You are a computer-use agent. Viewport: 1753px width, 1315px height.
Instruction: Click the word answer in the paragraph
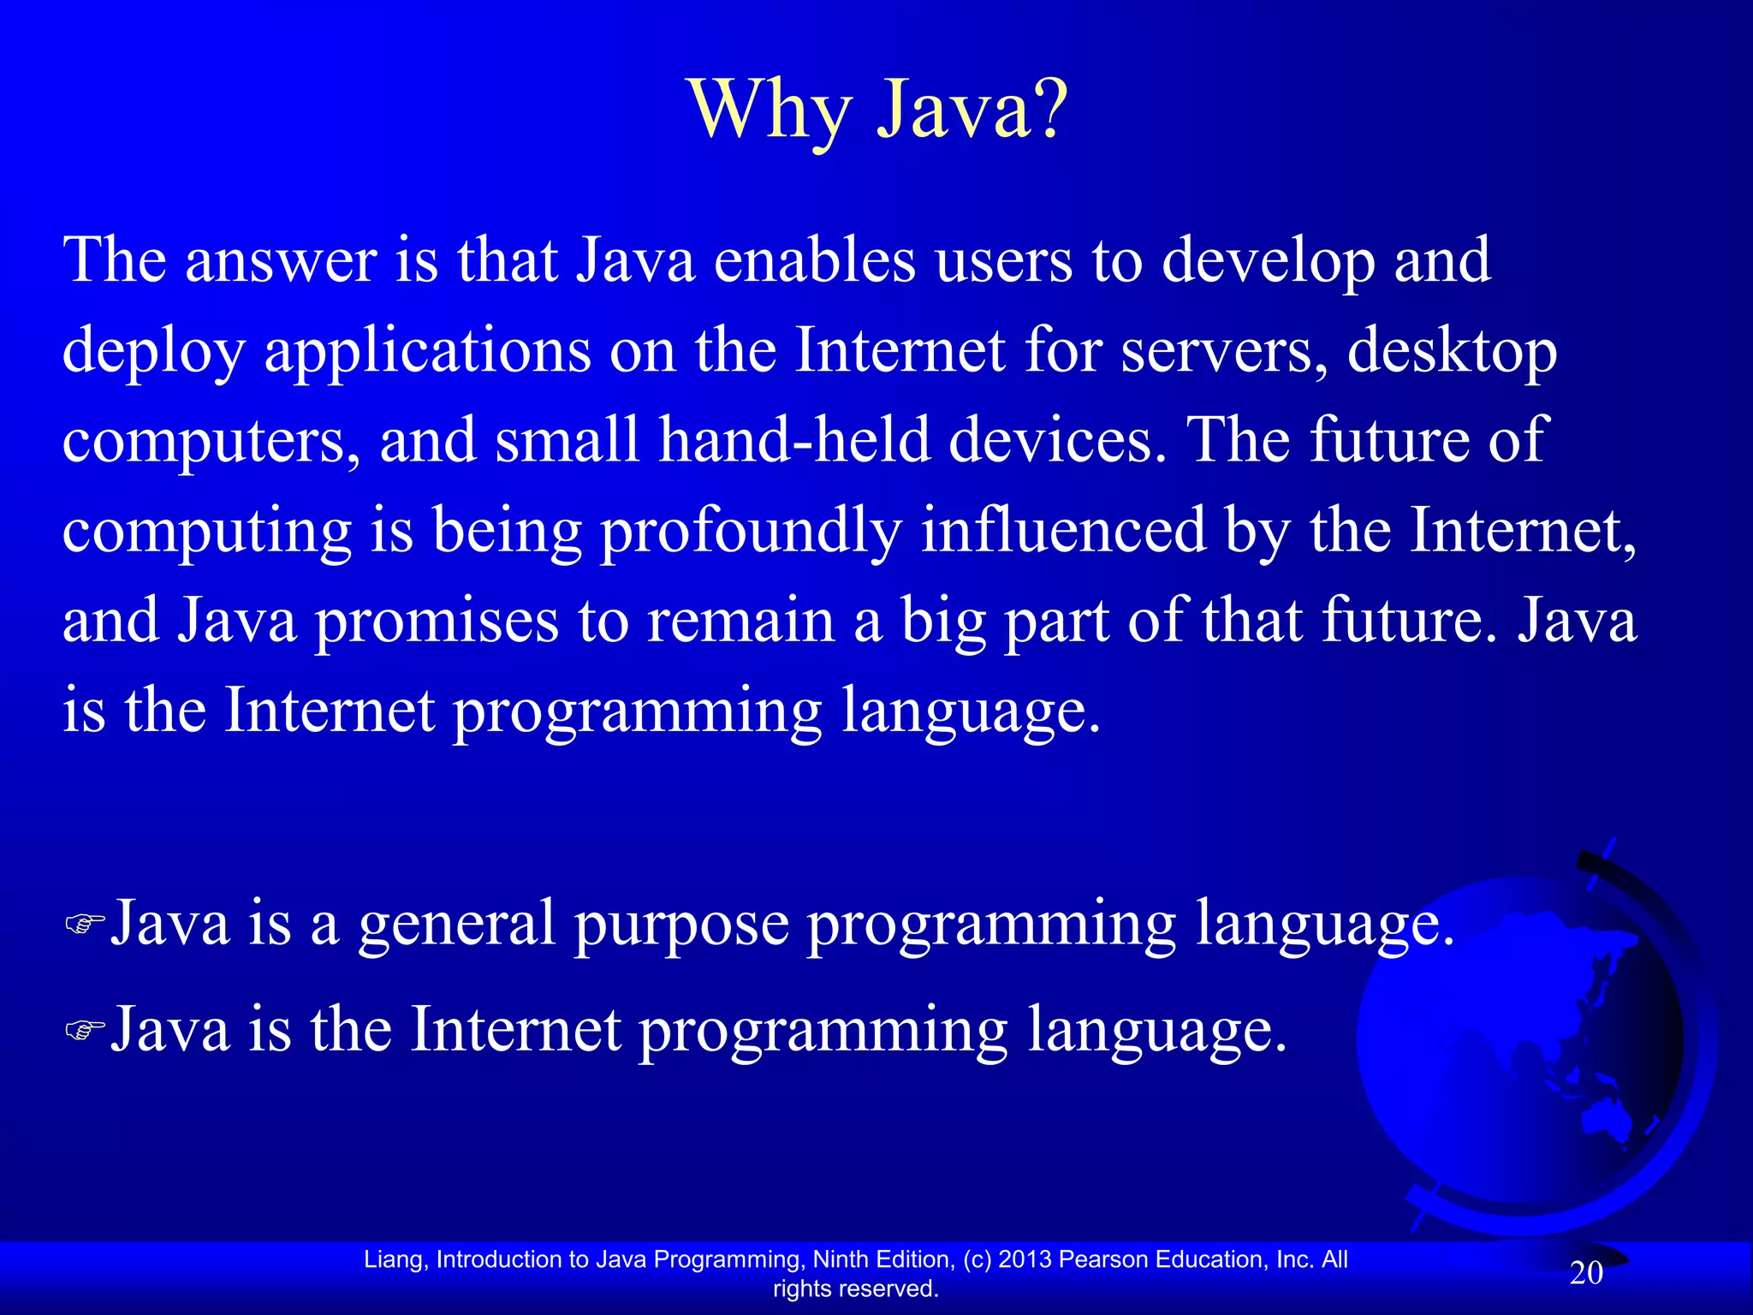[x=281, y=260]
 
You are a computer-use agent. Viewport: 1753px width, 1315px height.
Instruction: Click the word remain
[x=740, y=621]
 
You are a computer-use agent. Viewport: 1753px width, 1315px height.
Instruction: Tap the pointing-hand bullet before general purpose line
[x=85, y=925]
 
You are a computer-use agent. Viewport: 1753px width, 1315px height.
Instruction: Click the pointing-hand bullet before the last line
[x=85, y=1031]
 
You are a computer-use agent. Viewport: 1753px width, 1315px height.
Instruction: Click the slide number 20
[x=1585, y=1273]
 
